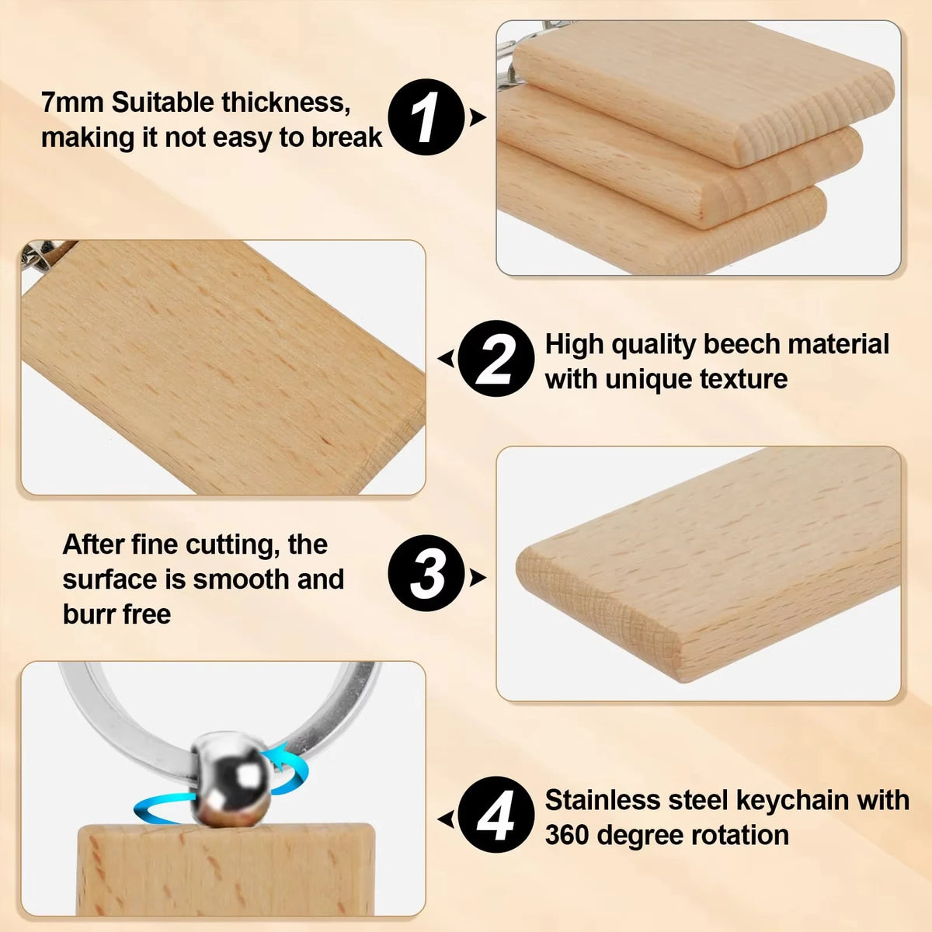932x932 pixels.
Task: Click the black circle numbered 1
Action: [426, 117]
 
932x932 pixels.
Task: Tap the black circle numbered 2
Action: [496, 358]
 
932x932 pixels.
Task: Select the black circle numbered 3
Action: [426, 573]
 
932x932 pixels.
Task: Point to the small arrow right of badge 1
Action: [478, 117]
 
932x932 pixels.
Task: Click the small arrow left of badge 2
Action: [446, 358]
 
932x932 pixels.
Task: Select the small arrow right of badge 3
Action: [478, 577]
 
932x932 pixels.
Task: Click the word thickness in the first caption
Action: [286, 103]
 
